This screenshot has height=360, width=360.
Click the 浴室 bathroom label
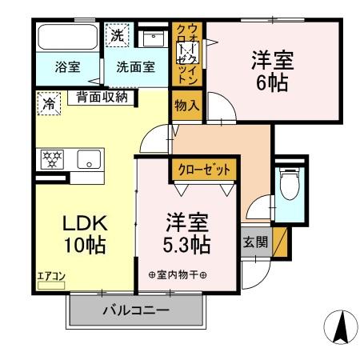[x=56, y=67]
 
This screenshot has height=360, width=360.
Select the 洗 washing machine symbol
[x=118, y=36]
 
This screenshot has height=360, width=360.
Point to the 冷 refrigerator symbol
[x=50, y=103]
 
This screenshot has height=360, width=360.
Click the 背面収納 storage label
[x=102, y=98]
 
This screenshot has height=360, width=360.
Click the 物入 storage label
[x=182, y=106]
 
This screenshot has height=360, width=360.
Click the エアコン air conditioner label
[x=52, y=276]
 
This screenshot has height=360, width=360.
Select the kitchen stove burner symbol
[x=53, y=158]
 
